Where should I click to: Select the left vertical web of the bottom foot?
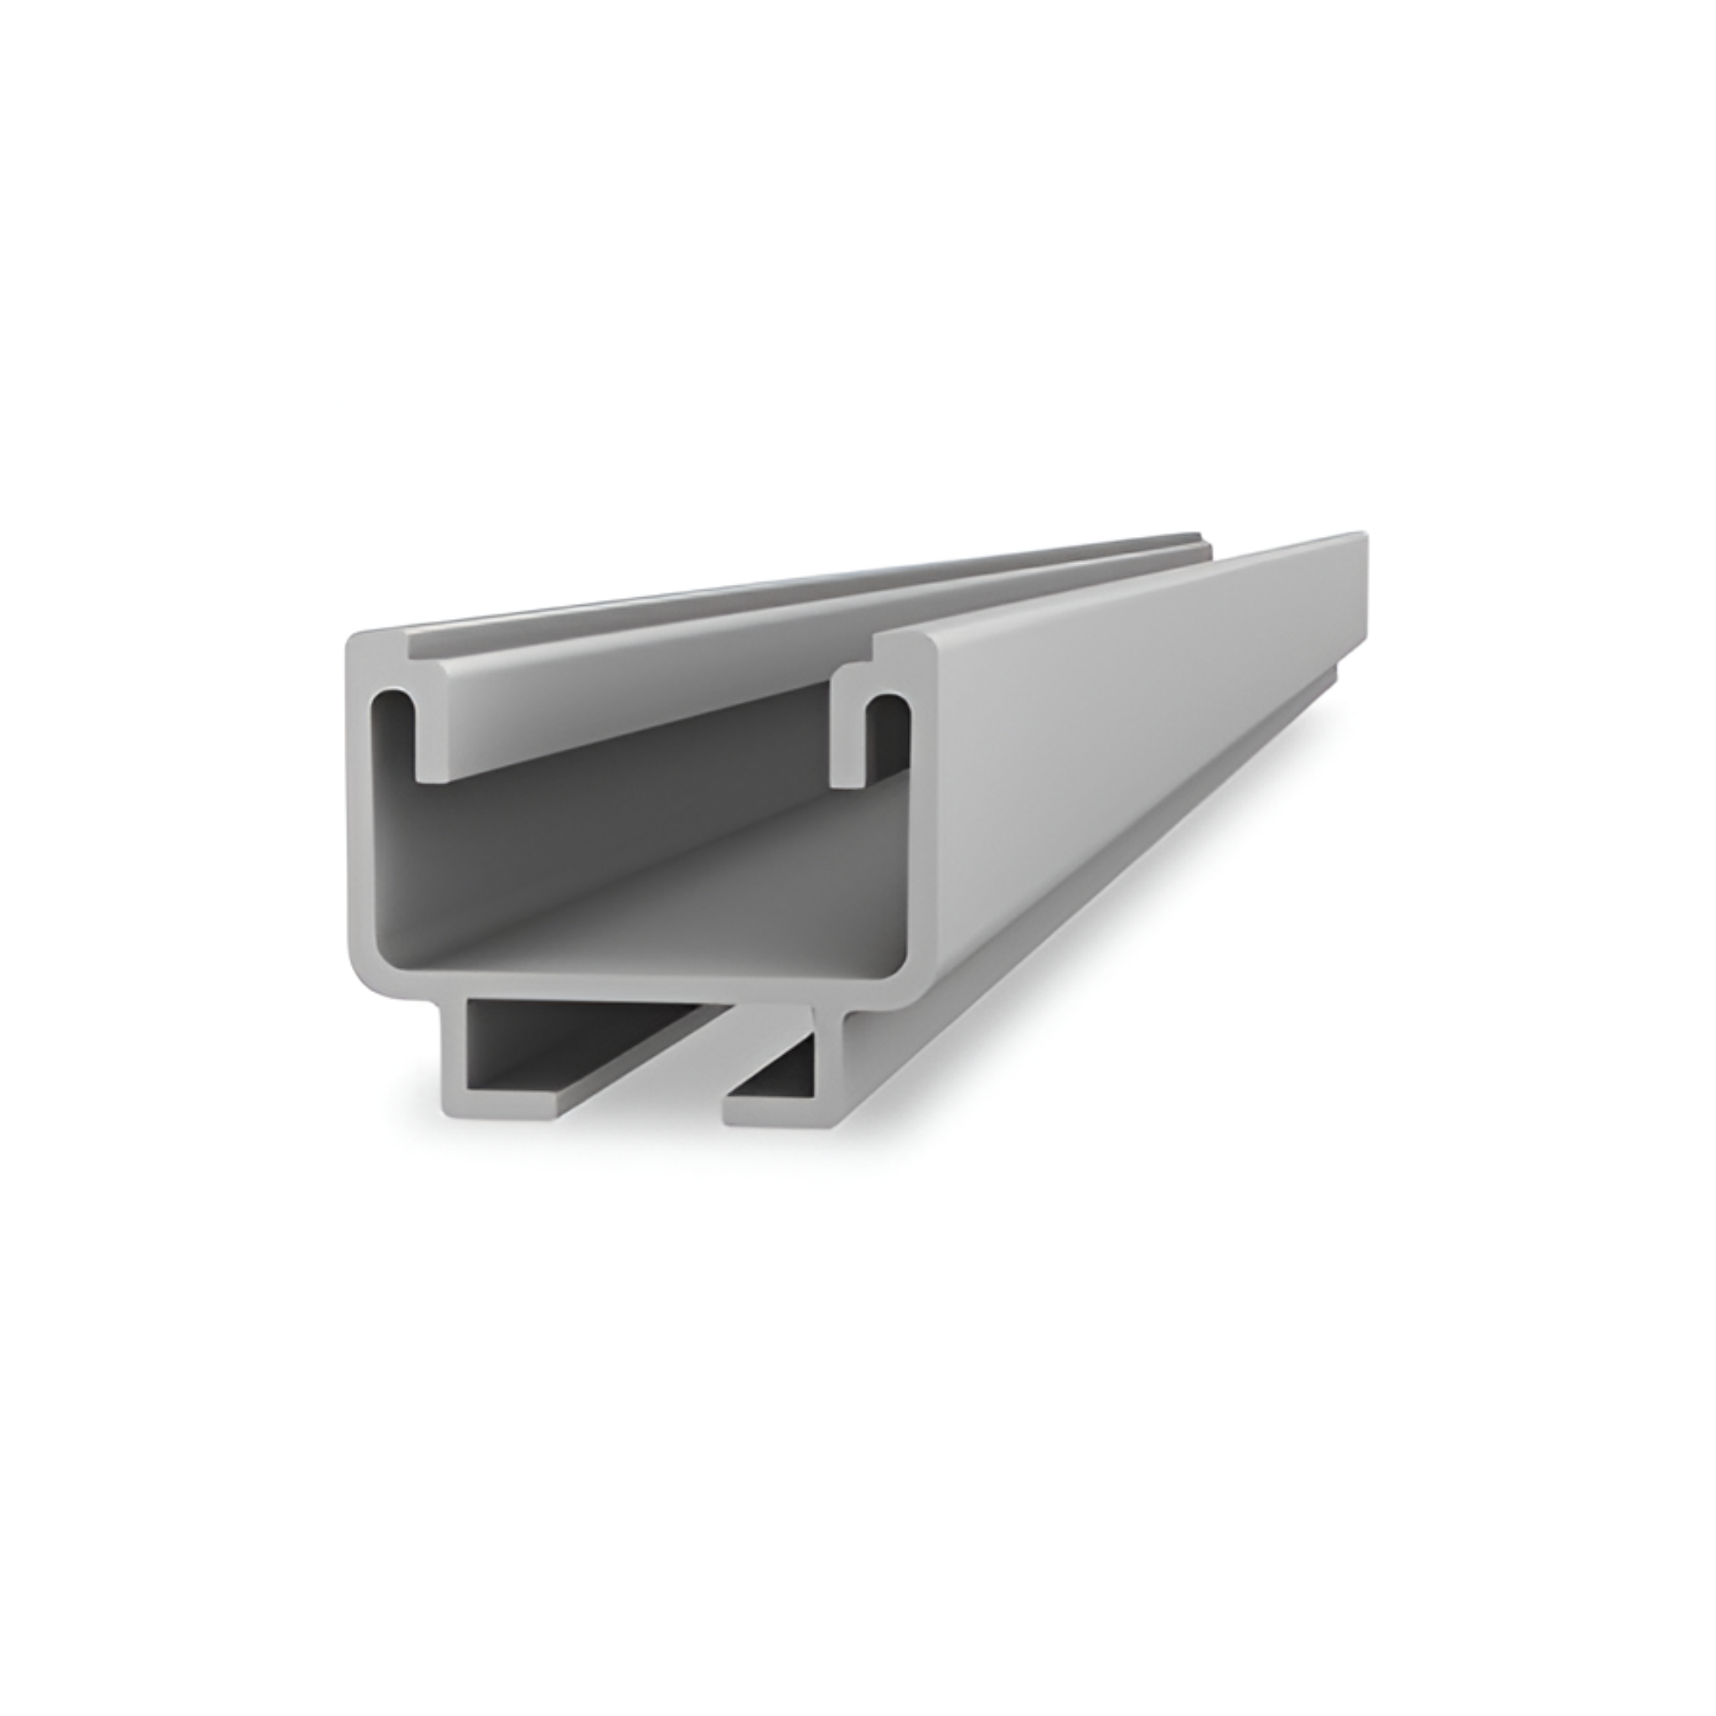452,1048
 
